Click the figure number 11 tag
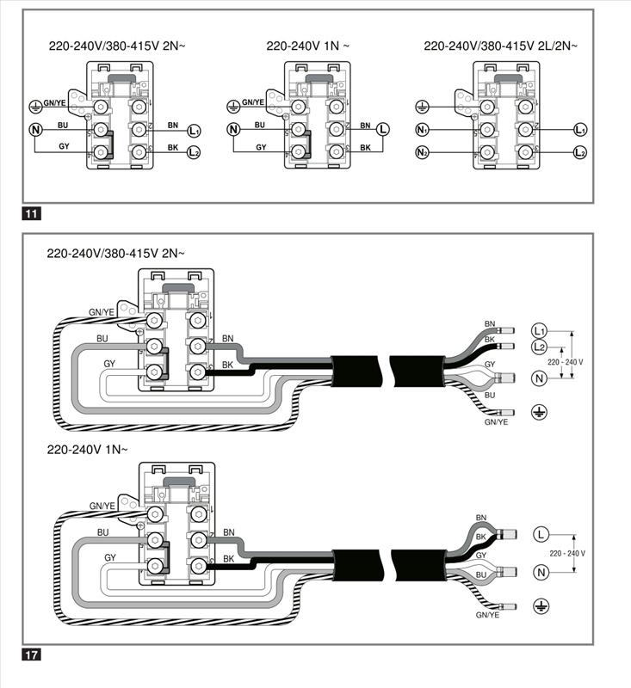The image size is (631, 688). [x=31, y=213]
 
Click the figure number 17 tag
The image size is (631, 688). [x=31, y=655]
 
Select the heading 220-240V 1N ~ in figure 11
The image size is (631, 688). [x=308, y=46]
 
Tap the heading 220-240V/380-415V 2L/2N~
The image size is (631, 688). [x=501, y=46]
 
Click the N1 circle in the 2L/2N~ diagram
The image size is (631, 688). [x=422, y=130]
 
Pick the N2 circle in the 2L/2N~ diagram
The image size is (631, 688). [x=422, y=153]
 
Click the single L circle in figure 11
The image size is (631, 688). [x=383, y=130]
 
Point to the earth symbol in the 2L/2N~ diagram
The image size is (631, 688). [x=422, y=107]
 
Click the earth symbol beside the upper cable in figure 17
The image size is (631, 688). [x=539, y=412]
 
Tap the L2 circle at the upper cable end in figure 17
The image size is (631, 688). [x=539, y=347]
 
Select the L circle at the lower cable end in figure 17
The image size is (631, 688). [x=541, y=534]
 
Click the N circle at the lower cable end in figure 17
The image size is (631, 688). [x=541, y=572]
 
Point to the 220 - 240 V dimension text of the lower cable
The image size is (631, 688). [x=567, y=553]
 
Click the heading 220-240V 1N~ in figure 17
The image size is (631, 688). [x=88, y=450]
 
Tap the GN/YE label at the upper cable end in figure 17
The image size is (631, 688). [x=496, y=422]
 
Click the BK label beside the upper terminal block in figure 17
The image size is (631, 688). [x=227, y=365]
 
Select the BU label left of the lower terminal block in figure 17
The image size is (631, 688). [x=102, y=532]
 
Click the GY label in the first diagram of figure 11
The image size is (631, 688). [x=64, y=146]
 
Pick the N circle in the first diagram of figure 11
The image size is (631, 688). [x=35, y=130]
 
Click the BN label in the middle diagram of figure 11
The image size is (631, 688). [x=365, y=126]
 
